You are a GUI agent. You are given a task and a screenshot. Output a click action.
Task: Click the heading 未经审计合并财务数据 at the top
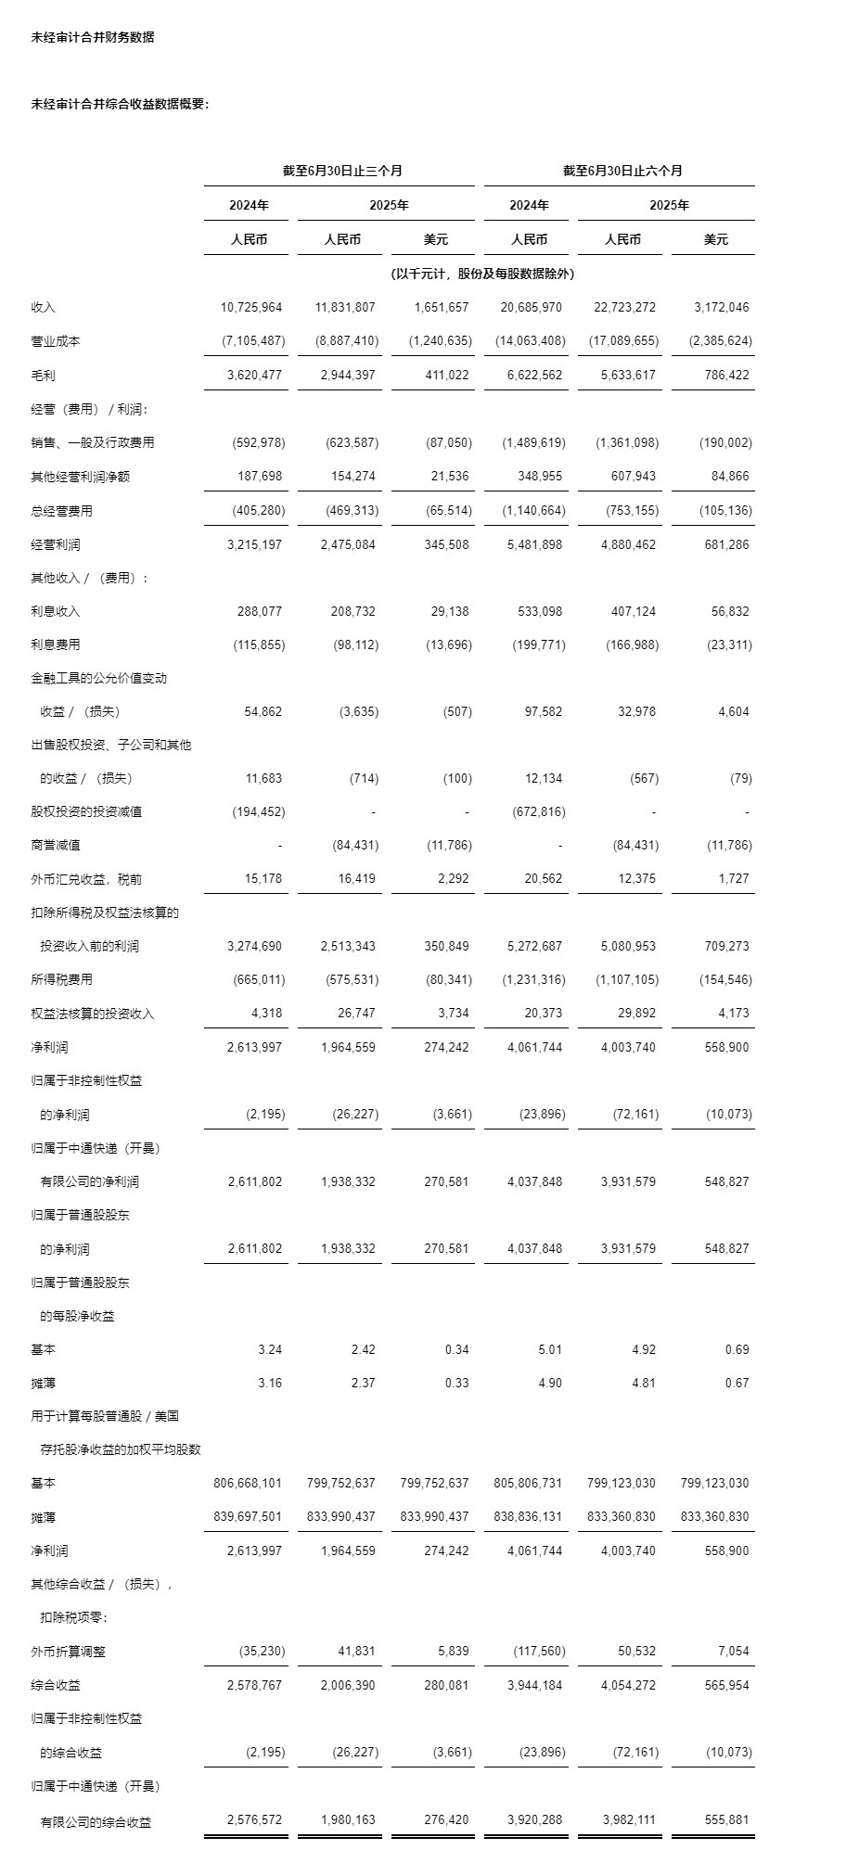click(x=93, y=37)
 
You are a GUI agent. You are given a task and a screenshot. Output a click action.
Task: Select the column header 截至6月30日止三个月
click(x=342, y=171)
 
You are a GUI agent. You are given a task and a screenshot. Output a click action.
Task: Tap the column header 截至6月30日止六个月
click(x=622, y=171)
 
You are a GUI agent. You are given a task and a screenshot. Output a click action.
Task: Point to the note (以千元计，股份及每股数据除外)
click(x=482, y=274)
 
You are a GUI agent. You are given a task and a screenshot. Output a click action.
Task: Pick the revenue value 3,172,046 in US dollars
click(x=721, y=307)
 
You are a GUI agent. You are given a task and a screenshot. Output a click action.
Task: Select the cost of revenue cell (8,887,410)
click(x=347, y=340)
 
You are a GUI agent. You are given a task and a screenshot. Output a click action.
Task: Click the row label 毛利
click(x=44, y=375)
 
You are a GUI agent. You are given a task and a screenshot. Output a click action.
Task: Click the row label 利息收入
click(x=56, y=611)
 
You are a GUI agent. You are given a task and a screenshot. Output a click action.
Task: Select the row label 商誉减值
click(x=56, y=845)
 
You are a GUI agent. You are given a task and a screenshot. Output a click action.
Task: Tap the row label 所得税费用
click(x=61, y=979)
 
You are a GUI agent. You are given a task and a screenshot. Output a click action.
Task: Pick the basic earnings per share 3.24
click(x=270, y=1349)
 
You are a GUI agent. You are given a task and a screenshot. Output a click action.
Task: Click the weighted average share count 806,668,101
click(x=248, y=1483)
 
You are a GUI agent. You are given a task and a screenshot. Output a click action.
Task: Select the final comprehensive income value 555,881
click(x=726, y=1819)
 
